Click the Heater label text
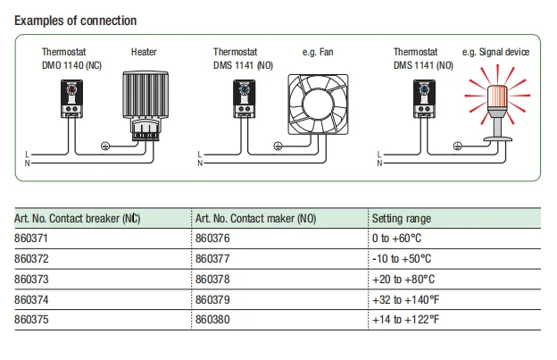[x=144, y=53]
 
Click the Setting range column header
[x=401, y=218]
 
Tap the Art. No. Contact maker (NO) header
[x=254, y=218]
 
